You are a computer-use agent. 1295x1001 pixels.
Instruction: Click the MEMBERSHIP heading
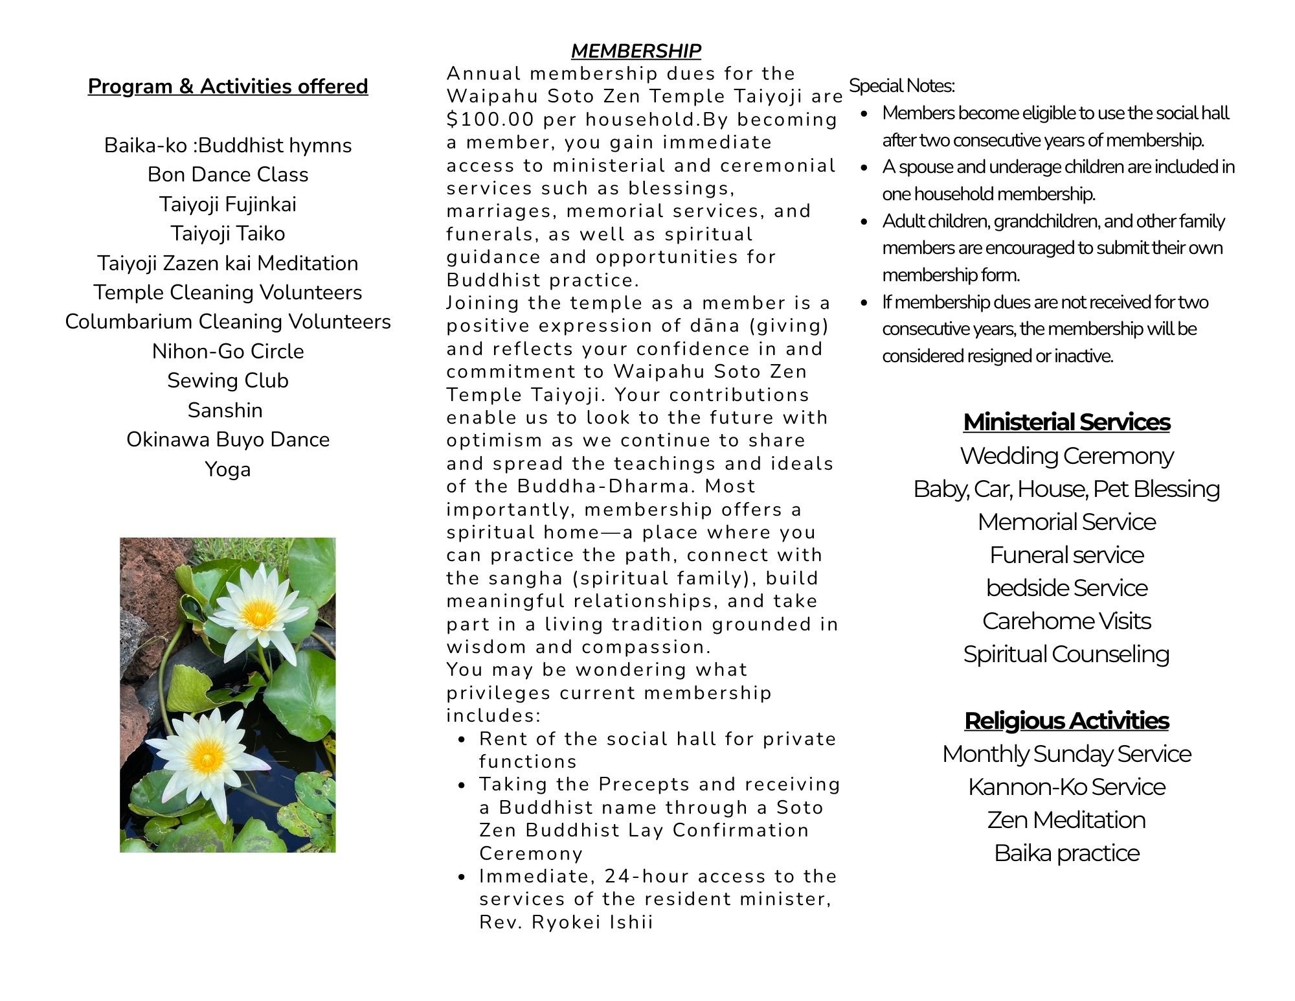[x=635, y=51]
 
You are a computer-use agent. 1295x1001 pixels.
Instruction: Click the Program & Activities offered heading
[x=228, y=86]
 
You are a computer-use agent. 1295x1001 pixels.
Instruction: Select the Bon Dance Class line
[x=228, y=174]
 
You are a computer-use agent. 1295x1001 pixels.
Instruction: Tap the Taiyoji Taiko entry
[x=228, y=233]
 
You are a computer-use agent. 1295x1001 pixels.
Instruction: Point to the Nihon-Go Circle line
[x=228, y=351]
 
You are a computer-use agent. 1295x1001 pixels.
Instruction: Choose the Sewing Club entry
[x=228, y=380]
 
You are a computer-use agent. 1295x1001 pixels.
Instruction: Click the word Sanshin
[x=225, y=410]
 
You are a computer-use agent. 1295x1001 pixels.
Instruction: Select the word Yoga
[x=228, y=469]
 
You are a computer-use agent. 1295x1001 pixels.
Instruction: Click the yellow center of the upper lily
[x=258, y=614]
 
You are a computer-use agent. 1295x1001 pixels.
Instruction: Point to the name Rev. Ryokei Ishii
[x=566, y=922]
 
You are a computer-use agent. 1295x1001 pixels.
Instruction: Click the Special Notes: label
[x=901, y=86]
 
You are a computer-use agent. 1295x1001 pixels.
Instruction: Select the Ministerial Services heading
[x=1066, y=422]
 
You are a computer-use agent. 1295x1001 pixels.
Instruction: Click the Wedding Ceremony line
[x=1066, y=456]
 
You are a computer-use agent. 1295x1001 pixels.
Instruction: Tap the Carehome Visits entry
[x=1066, y=621]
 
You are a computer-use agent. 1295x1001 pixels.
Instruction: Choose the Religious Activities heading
[x=1066, y=720]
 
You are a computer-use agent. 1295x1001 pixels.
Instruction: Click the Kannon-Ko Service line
[x=1066, y=787]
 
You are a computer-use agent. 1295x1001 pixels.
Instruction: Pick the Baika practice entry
[x=1066, y=853]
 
